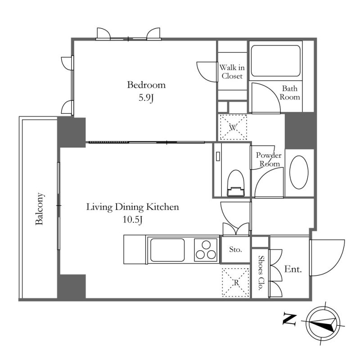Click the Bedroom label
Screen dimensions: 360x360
click(x=146, y=85)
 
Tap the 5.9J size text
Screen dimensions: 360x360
click(x=146, y=98)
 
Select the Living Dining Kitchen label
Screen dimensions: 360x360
click(x=132, y=207)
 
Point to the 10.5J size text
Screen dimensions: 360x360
click(x=132, y=220)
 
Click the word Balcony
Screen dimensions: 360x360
click(x=39, y=209)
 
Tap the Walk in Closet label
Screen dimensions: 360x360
click(x=232, y=72)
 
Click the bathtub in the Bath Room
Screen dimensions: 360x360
click(x=275, y=61)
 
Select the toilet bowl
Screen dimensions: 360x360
click(x=236, y=183)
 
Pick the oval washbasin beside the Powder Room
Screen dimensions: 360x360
click(x=299, y=172)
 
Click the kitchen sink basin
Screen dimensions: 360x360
click(x=167, y=250)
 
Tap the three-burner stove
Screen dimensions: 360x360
click(x=206, y=250)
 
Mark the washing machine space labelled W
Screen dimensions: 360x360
click(x=234, y=127)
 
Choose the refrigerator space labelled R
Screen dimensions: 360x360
click(x=236, y=283)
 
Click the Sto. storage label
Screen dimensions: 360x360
click(x=235, y=249)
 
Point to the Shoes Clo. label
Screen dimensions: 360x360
click(x=261, y=273)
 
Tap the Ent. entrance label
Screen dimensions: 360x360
click(x=293, y=269)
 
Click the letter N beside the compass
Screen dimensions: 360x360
click(x=289, y=319)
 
